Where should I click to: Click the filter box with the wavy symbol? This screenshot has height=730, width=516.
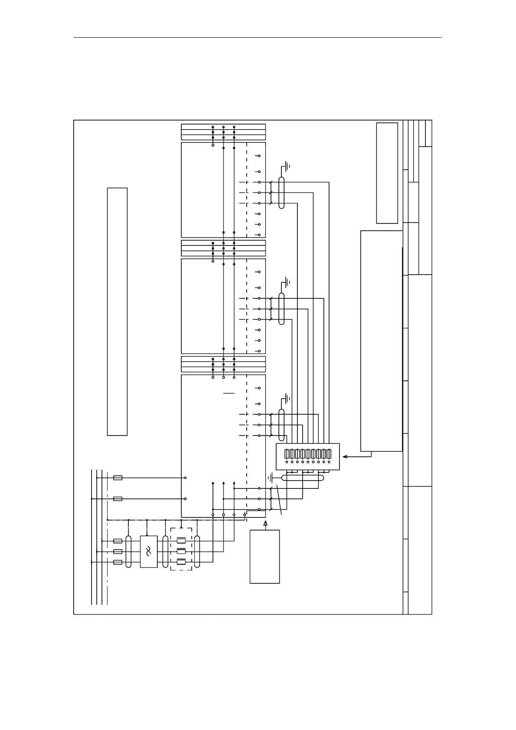click(149, 551)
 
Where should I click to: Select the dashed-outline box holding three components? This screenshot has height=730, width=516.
click(181, 549)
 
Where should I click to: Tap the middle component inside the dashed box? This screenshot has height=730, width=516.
click(181, 551)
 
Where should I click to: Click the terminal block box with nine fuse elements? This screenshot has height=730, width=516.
click(308, 456)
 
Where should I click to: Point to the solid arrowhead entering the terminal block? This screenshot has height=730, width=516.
click(345, 456)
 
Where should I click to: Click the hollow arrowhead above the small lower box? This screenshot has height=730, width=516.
click(265, 524)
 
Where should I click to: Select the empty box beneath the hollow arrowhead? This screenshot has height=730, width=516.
click(265, 557)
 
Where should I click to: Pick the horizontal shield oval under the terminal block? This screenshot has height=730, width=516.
click(303, 478)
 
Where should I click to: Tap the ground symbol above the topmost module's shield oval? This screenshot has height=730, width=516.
click(287, 165)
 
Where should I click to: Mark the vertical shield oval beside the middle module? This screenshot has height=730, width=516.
click(281, 308)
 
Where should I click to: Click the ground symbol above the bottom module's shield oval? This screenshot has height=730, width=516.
click(287, 398)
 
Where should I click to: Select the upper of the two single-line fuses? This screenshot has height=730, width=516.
click(118, 478)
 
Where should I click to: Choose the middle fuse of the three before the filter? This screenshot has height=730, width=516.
click(118, 551)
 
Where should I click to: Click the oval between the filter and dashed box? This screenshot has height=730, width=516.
click(165, 551)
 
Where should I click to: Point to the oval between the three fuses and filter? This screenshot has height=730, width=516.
click(128, 551)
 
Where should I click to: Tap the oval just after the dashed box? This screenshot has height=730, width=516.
click(197, 551)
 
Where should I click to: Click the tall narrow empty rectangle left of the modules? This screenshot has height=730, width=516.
click(117, 311)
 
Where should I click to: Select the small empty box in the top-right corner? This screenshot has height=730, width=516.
click(387, 173)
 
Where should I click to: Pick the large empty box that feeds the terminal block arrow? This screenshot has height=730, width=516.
click(381, 340)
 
